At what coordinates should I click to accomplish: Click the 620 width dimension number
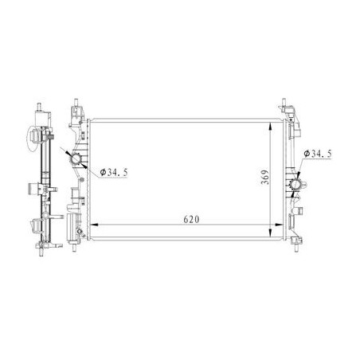pyautogui.click(x=191, y=219)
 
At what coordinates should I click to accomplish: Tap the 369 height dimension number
pyautogui.click(x=264, y=177)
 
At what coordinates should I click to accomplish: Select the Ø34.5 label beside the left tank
pyautogui.click(x=114, y=172)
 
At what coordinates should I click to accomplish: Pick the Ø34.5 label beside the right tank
pyautogui.click(x=318, y=154)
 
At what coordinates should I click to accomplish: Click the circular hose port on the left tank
pyautogui.click(x=76, y=158)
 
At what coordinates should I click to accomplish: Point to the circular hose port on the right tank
pyautogui.click(x=295, y=185)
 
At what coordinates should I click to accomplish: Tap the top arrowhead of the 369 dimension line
pyautogui.click(x=270, y=127)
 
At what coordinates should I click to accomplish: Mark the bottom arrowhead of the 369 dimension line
pyautogui.click(x=270, y=233)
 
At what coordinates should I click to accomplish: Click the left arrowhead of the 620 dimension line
pyautogui.click(x=95, y=225)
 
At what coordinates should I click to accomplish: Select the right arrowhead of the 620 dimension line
pyautogui.click(x=280, y=225)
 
